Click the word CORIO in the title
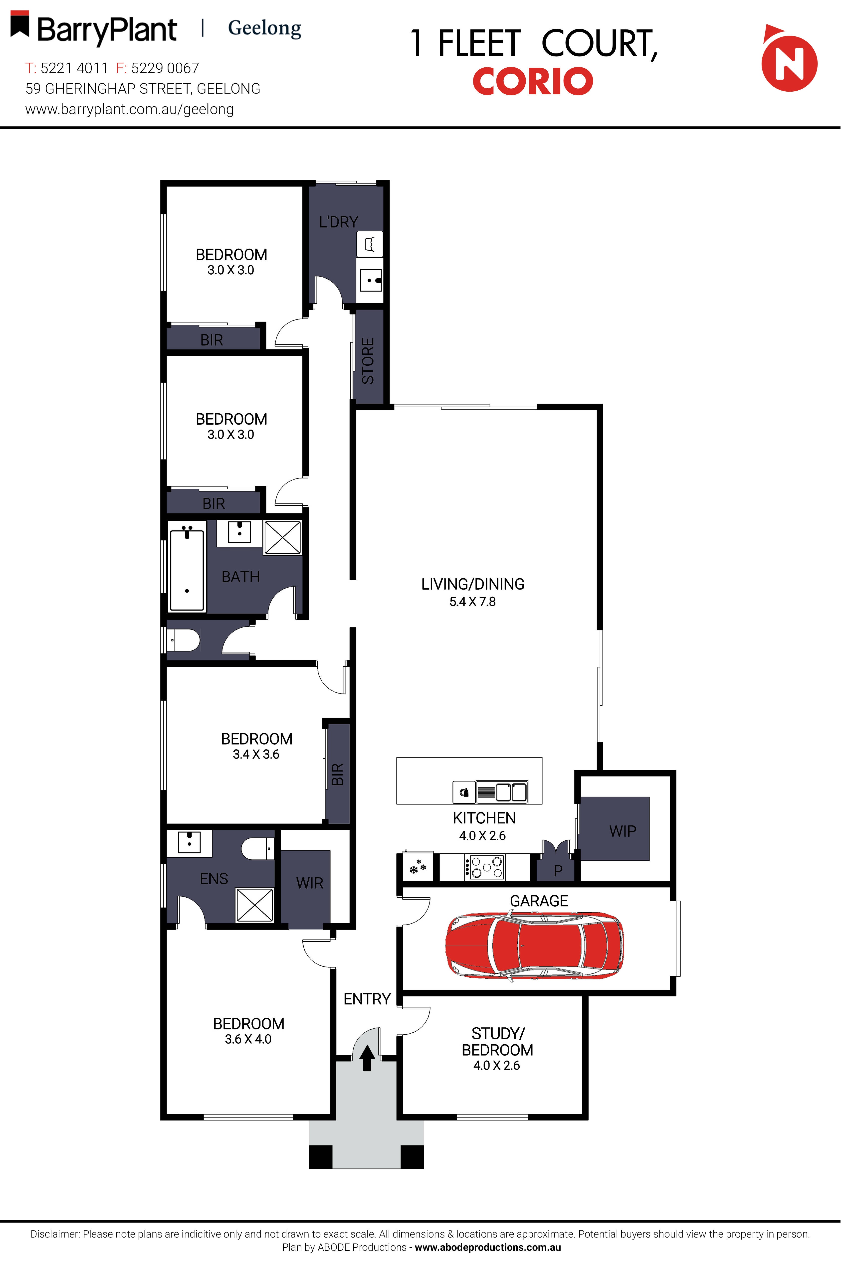(x=533, y=81)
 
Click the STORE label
(x=368, y=361)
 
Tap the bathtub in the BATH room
(x=187, y=570)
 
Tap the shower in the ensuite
(x=255, y=905)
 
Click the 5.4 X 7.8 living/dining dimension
(x=472, y=602)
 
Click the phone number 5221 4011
(x=74, y=68)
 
